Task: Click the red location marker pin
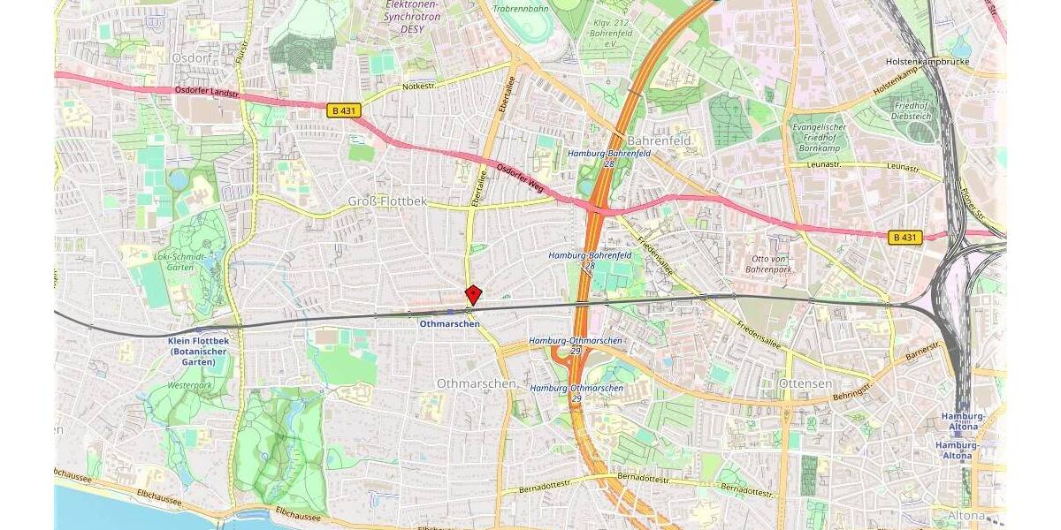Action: point(473,294)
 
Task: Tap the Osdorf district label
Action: point(189,57)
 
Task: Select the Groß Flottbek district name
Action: point(387,201)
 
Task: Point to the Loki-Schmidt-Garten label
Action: point(179,262)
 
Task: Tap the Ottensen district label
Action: point(806,383)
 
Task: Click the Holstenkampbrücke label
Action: point(927,62)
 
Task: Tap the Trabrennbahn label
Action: point(522,9)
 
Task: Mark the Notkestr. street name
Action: point(420,87)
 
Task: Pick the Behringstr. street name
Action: point(854,390)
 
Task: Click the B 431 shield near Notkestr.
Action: point(344,110)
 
